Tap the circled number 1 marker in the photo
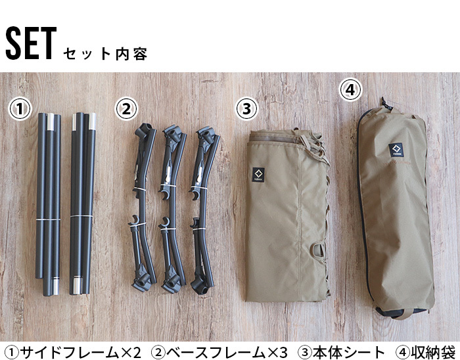coord(20,109)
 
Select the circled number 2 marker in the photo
coord(126,108)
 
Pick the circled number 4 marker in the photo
coord(351,91)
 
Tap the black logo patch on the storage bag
coord(396,151)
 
